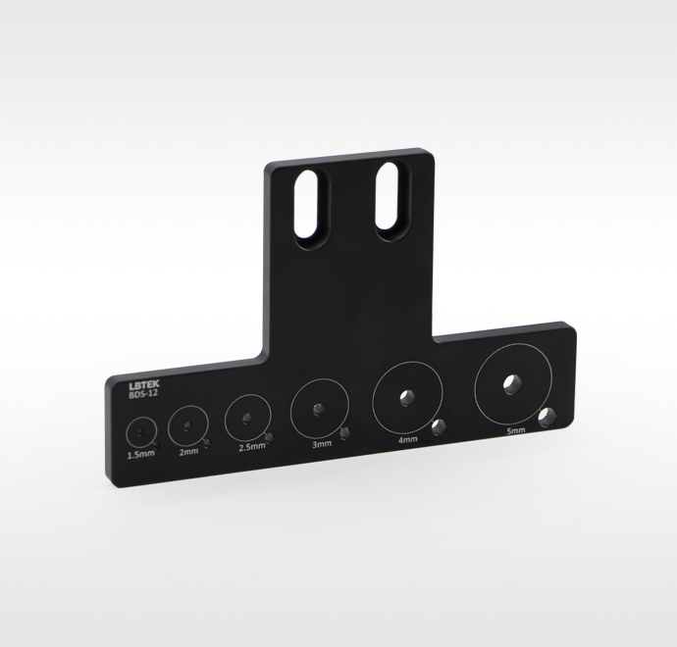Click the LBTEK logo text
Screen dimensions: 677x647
pyautogui.click(x=144, y=384)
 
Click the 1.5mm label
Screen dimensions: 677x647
pyautogui.click(x=140, y=454)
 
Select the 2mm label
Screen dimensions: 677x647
pyautogui.click(x=188, y=451)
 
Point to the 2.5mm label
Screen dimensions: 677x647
pyautogui.click(x=252, y=447)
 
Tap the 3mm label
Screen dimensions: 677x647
pyautogui.click(x=322, y=444)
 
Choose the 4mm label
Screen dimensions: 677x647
pyautogui.click(x=407, y=439)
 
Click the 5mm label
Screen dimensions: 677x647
pyautogui.click(x=515, y=430)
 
